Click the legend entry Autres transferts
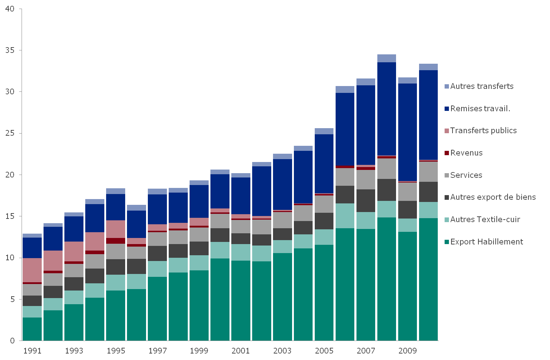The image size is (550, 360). [482, 86]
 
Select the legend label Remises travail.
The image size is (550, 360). [480, 109]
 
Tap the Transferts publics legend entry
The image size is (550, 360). [483, 131]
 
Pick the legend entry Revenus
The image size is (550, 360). [466, 153]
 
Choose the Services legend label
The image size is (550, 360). [466, 175]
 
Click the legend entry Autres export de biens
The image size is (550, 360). [493, 197]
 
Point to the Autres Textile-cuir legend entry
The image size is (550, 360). [485, 220]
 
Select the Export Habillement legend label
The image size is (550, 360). [486, 242]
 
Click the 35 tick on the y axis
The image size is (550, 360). [10, 50]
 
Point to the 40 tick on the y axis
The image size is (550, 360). [10, 9]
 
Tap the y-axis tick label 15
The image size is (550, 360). [10, 216]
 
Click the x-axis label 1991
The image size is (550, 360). [32, 351]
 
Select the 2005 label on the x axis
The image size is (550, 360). [324, 351]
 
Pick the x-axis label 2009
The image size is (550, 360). [408, 351]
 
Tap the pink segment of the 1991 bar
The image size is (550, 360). [32, 270]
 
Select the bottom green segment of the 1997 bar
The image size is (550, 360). [157, 309]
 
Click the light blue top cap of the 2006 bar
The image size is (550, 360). [345, 90]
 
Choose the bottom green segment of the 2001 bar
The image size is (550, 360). [241, 301]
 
